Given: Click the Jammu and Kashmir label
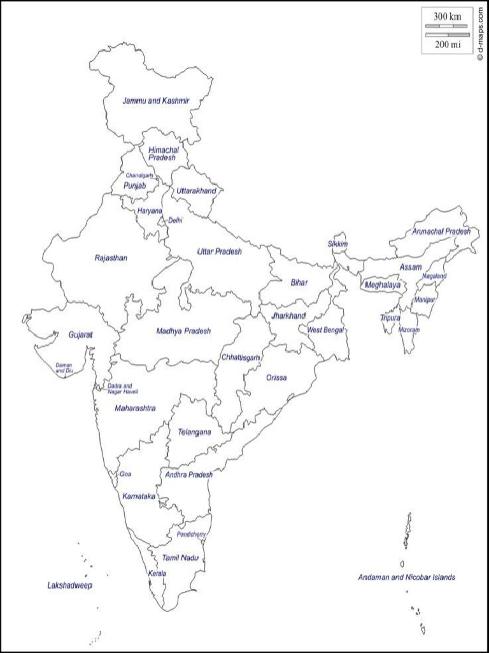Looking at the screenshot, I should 156,101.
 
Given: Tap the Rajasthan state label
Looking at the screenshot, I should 111,258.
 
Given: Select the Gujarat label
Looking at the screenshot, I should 81,334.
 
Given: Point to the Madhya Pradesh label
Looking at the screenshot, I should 183,331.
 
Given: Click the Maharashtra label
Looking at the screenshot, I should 135,408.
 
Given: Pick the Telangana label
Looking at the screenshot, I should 194,432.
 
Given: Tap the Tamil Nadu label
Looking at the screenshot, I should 180,558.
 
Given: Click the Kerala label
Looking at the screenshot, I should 157,573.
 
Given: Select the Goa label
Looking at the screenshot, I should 125,474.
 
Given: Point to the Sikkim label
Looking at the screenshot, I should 337,244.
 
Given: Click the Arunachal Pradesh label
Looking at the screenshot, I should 441,231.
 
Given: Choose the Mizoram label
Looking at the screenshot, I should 409,330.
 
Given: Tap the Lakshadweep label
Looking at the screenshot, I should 70,585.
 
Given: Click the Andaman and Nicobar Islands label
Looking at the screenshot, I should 406,577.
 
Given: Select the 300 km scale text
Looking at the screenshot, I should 447,16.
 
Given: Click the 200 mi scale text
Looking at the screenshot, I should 447,44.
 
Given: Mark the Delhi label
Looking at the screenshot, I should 175,220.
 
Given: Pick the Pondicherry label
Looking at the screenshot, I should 191,534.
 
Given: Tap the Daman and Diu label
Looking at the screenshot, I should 64,367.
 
